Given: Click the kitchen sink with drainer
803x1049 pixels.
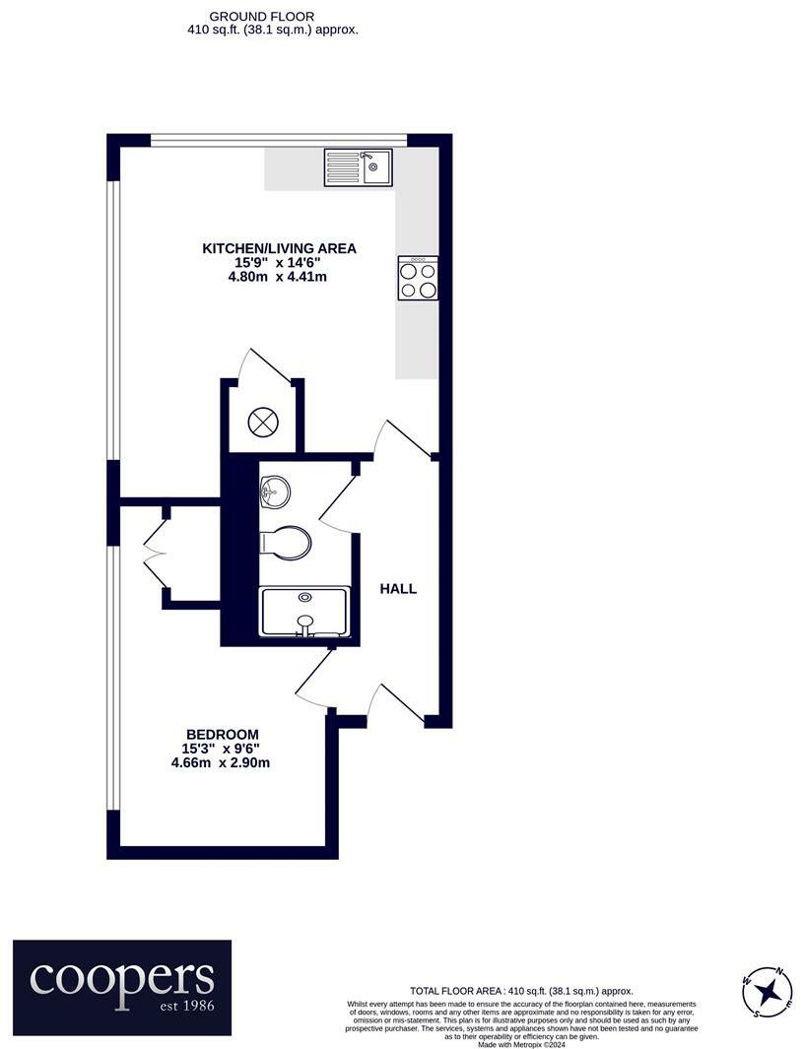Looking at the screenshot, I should [358, 167].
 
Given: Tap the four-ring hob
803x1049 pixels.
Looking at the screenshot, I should [418, 278].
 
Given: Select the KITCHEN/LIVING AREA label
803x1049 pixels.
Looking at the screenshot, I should [279, 248].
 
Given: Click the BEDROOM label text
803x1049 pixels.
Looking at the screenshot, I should [223, 734].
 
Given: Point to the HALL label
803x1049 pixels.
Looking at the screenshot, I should [398, 589].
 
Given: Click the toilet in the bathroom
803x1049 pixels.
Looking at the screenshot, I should [287, 543].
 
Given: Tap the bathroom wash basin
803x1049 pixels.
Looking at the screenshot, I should [275, 490].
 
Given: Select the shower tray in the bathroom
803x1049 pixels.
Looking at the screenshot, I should [304, 613].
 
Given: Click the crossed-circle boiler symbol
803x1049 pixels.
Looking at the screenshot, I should [263, 423].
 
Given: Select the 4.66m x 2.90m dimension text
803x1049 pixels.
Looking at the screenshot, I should [221, 761].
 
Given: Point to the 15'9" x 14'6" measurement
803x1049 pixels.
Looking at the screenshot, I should [279, 263].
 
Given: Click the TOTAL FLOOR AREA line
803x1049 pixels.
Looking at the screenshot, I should [521, 991].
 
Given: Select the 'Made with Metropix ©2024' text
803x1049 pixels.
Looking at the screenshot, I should [521, 1043].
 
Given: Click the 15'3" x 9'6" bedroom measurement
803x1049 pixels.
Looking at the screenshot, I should [222, 748].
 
